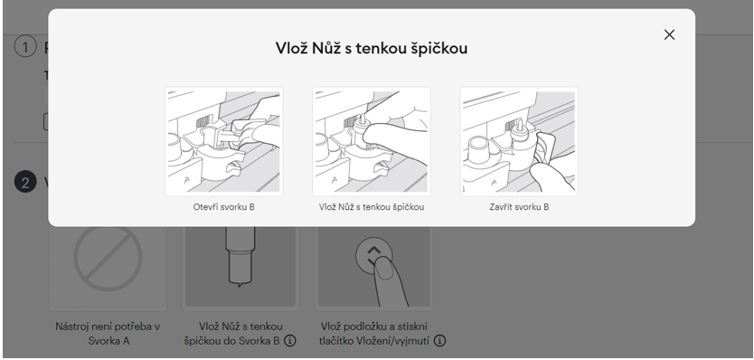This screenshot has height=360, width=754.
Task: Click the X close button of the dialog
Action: click(669, 34)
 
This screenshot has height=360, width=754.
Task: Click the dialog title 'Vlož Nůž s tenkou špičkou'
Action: click(372, 48)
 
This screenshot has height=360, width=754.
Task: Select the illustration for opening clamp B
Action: click(223, 141)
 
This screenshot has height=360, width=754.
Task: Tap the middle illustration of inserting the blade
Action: click(372, 141)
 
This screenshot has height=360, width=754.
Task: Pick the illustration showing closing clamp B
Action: click(519, 141)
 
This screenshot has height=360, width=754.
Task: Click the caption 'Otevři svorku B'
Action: click(223, 207)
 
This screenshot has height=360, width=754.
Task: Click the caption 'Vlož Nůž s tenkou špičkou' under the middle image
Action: click(372, 207)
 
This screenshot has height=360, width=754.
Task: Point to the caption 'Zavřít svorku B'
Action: click(519, 207)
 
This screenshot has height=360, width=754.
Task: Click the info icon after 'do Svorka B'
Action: click(289, 341)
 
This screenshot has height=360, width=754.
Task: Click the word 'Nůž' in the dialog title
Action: click(337, 48)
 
